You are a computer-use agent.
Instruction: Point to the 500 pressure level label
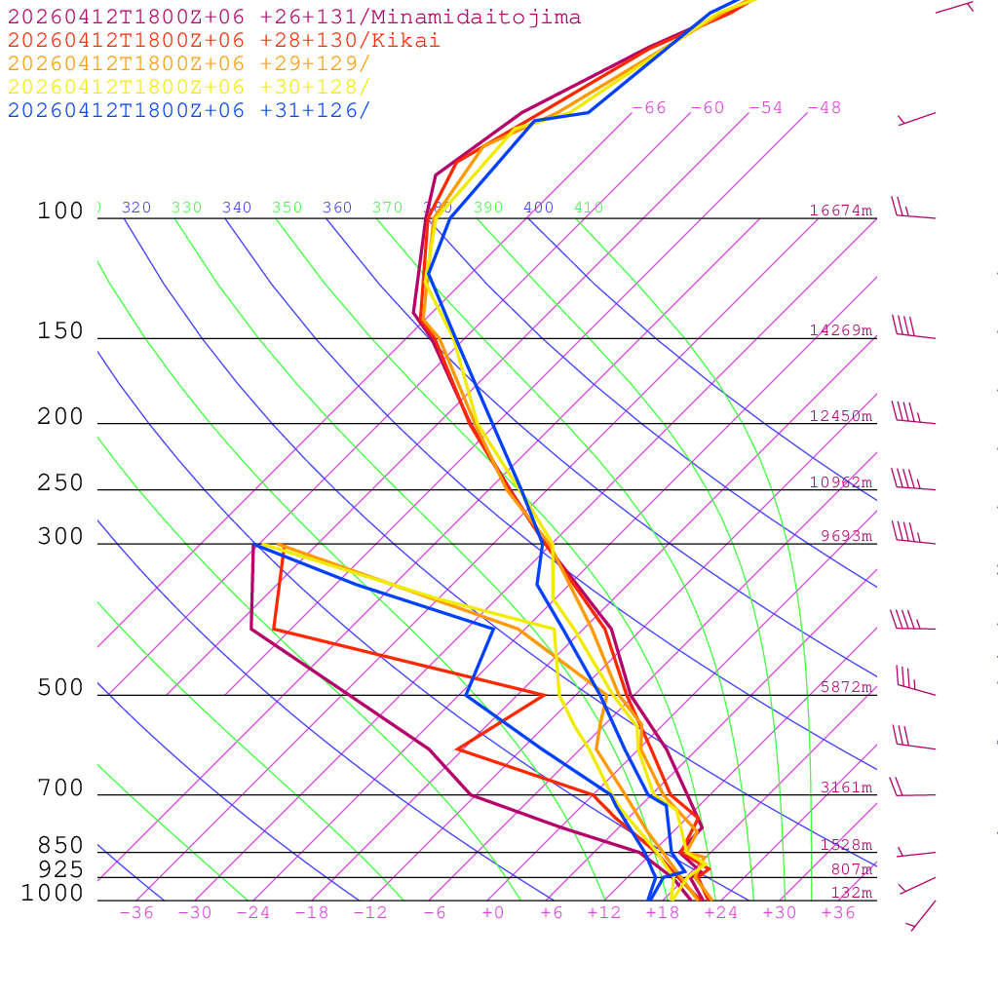pos(60,688)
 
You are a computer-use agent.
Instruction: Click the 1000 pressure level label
pos(52,893)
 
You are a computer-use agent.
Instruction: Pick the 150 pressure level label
pos(60,331)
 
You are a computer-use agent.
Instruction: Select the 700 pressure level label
pos(60,788)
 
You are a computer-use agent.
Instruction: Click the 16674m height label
pos(841,211)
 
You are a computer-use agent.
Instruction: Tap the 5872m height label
pos(846,687)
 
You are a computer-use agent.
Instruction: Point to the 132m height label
pos(851,893)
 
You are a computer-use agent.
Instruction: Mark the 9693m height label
pos(846,536)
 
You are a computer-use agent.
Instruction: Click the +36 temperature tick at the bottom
pos(838,913)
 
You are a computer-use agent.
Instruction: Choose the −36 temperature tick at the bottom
pos(136,913)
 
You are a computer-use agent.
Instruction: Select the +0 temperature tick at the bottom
pos(493,913)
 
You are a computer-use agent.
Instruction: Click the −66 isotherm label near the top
pos(649,108)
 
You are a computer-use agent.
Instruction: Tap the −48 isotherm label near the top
pos(824,108)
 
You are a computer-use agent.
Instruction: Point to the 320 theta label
pos(136,208)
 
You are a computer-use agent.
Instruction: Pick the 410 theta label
pos(589,208)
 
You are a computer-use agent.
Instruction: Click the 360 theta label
pos(337,208)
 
